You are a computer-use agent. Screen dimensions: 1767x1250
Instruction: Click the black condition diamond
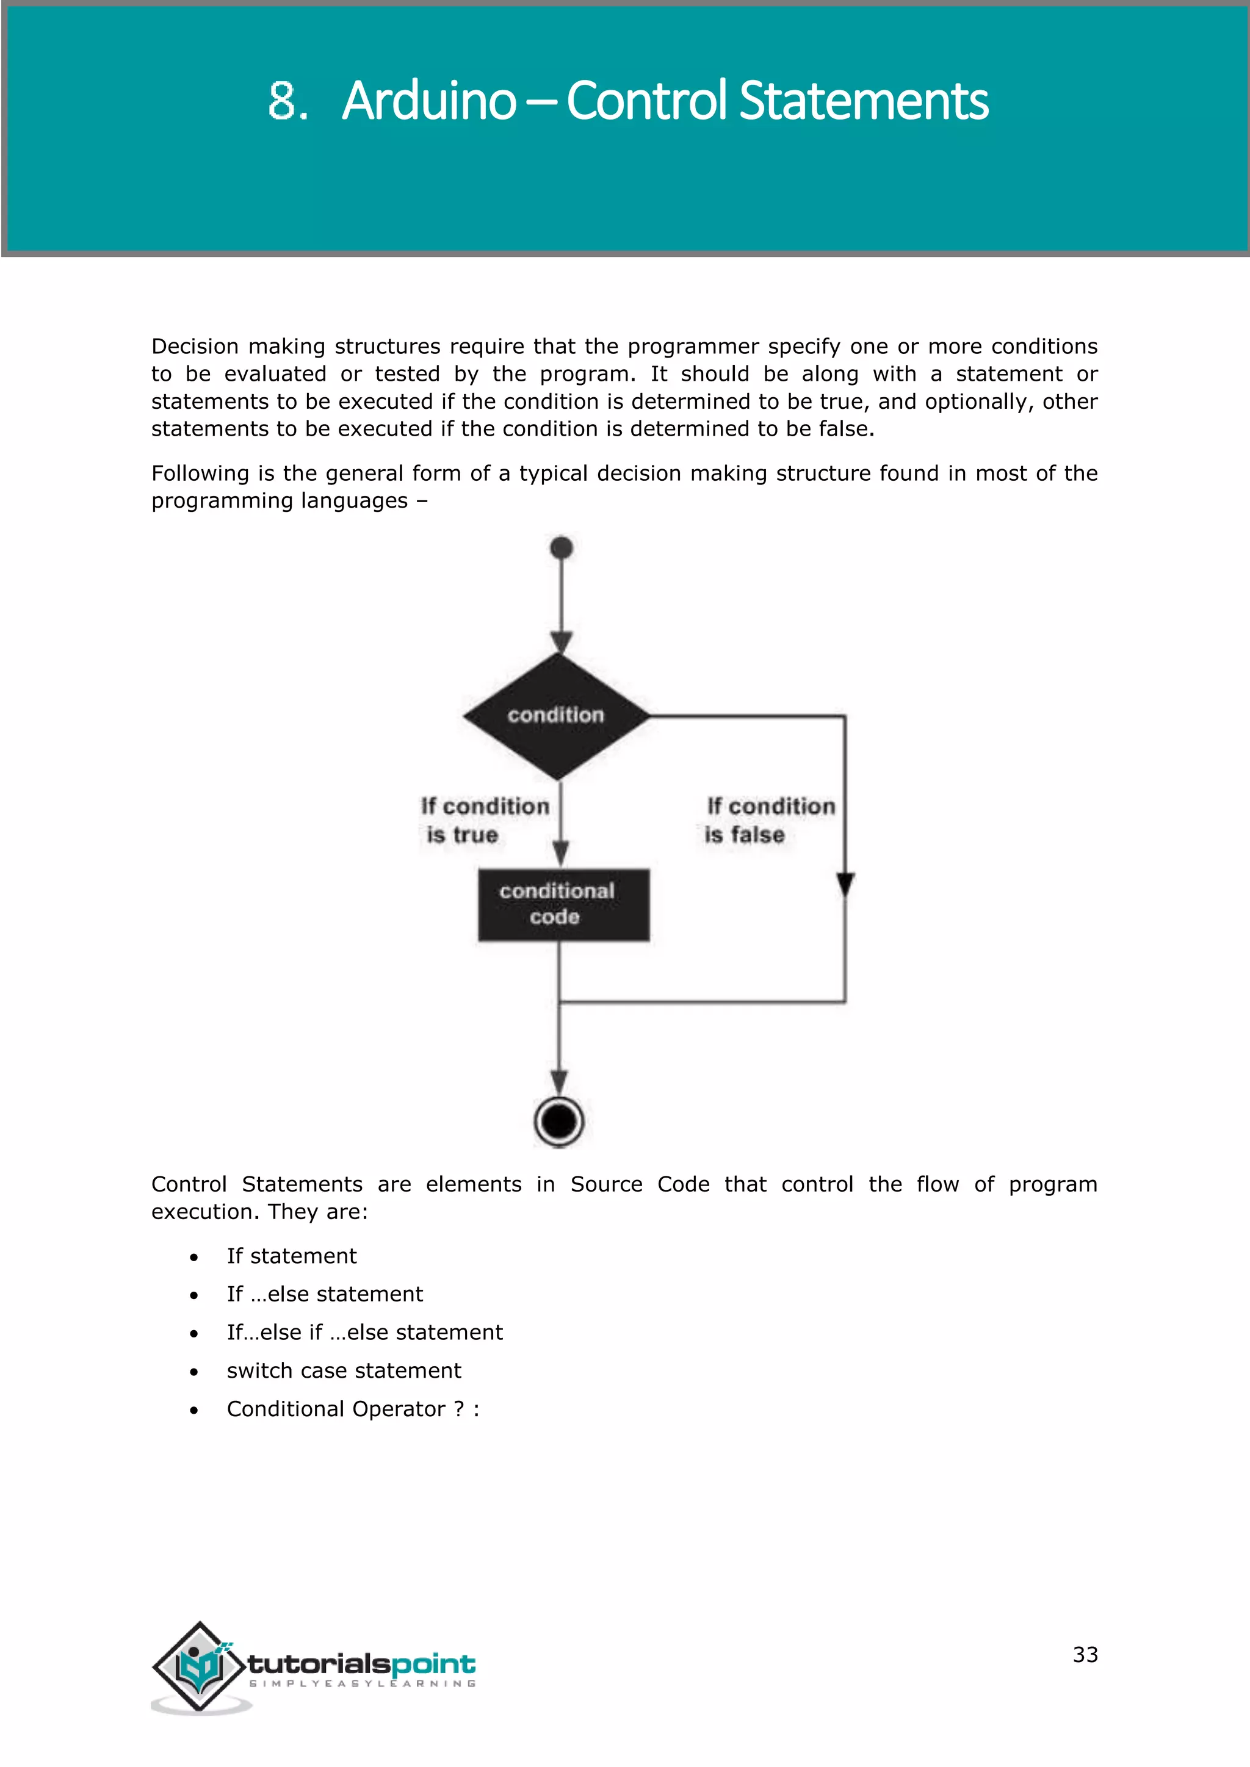pyautogui.click(x=557, y=716)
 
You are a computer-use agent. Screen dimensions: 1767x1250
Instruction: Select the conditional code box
pyautogui.click(x=563, y=904)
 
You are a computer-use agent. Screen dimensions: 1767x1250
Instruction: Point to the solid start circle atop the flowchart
pyautogui.click(x=562, y=548)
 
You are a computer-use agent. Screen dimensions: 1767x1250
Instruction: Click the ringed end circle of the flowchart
pyautogui.click(x=559, y=1121)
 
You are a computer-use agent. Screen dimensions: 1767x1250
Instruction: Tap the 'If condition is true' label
pyautogui.click(x=484, y=821)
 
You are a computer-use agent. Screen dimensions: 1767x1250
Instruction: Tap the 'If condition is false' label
pyautogui.click(x=770, y=821)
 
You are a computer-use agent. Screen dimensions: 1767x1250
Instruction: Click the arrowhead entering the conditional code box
pyautogui.click(x=561, y=853)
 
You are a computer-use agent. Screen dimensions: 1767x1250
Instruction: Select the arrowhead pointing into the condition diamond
pyautogui.click(x=562, y=642)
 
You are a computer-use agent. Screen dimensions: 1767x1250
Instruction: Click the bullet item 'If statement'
pyautogui.click(x=292, y=1256)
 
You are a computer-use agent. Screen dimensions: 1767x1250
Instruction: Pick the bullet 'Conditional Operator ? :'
pyautogui.click(x=353, y=1409)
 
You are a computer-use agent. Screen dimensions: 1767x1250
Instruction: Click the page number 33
pyautogui.click(x=1085, y=1654)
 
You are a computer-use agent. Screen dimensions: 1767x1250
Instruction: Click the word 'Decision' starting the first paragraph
pyautogui.click(x=195, y=347)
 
